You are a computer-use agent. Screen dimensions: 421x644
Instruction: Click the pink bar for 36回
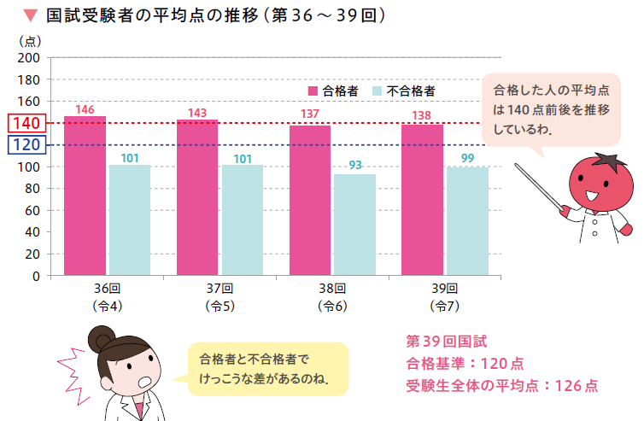pyautogui.click(x=85, y=196)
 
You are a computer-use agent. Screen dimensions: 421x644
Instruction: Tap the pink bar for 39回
pyautogui.click(x=422, y=200)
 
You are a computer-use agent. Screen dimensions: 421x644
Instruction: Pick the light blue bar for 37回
pyautogui.click(x=243, y=220)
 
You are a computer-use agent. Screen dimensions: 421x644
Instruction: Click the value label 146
pyautogui.click(x=85, y=109)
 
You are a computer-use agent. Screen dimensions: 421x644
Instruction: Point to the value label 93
pyautogui.click(x=355, y=165)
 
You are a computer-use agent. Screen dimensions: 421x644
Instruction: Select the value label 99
pyautogui.click(x=467, y=158)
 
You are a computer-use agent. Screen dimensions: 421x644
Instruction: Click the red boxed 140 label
pyautogui.click(x=26, y=124)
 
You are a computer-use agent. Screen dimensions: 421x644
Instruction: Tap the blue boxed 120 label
pyautogui.click(x=26, y=145)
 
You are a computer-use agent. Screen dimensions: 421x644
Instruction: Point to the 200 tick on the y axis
pyautogui.click(x=29, y=57)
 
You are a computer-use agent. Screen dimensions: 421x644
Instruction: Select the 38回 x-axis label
pyautogui.click(x=332, y=288)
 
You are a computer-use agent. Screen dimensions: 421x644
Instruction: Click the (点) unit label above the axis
pyautogui.click(x=28, y=40)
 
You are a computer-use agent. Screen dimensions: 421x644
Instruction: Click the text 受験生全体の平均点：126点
pyautogui.click(x=502, y=385)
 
